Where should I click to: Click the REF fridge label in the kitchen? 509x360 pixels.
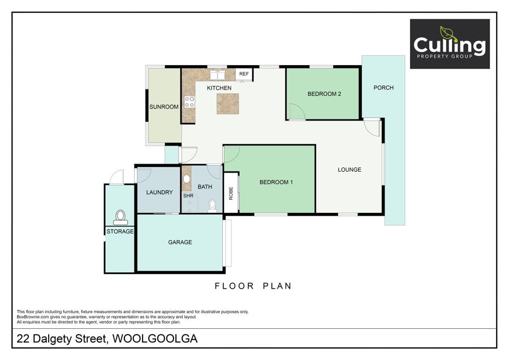(244, 74)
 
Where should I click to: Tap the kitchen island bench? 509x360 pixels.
(228, 104)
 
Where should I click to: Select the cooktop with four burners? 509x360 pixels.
(189, 102)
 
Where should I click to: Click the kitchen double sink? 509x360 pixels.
(217, 75)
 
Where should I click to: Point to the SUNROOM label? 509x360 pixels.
(164, 106)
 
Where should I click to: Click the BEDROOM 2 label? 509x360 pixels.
(324, 94)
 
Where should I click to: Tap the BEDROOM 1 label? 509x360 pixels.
(276, 182)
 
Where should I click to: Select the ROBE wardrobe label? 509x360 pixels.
(231, 194)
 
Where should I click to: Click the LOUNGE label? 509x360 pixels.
(350, 170)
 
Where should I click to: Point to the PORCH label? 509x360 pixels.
(383, 88)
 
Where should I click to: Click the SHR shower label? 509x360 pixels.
(188, 196)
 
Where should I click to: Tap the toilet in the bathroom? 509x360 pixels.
(212, 207)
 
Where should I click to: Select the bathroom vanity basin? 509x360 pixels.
(186, 179)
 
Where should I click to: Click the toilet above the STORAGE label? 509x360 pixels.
(120, 217)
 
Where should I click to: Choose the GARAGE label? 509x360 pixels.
(180, 242)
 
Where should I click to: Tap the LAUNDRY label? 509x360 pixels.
(159, 192)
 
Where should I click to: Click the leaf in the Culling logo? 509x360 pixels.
(448, 33)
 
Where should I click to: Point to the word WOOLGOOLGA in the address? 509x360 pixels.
(155, 338)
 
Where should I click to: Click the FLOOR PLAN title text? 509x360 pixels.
(253, 286)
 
